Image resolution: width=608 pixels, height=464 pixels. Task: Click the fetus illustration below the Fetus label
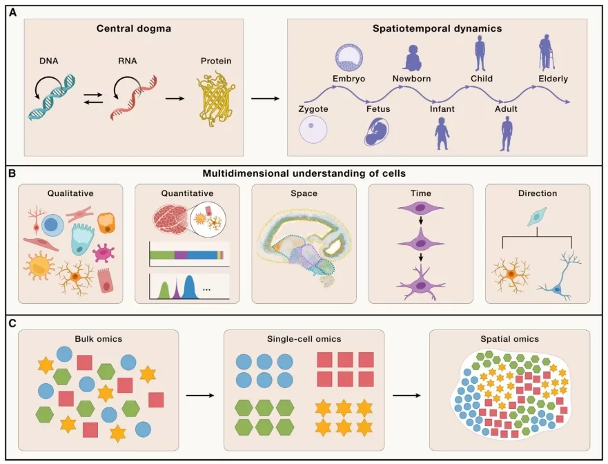tap(377, 131)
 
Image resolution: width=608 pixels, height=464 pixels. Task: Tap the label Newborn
tap(412, 78)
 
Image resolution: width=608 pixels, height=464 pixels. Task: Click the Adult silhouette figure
tap(507, 133)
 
